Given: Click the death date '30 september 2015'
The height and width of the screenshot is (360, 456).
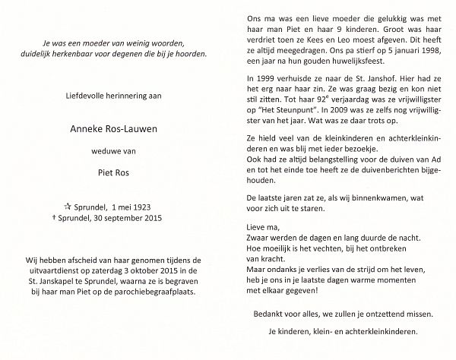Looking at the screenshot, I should [151, 218].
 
